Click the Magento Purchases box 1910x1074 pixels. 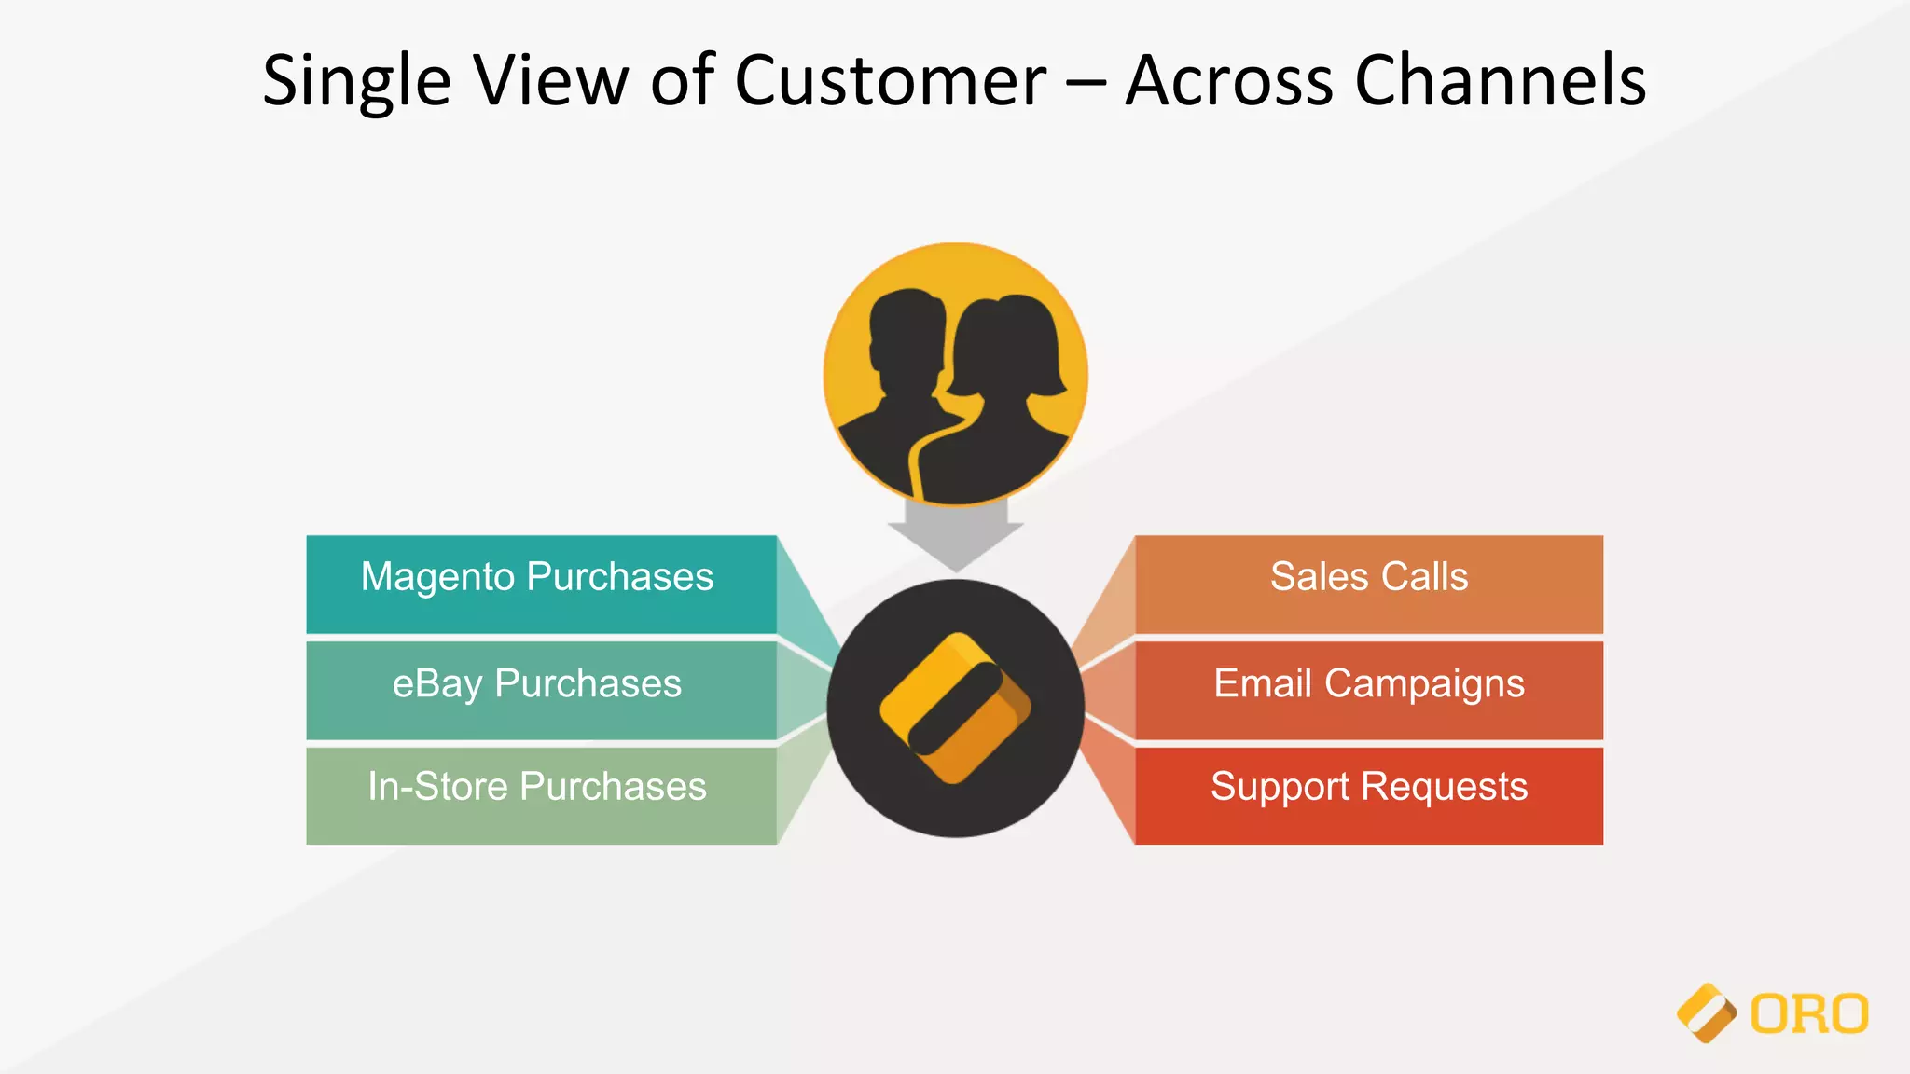541,585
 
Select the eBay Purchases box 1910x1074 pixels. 541,690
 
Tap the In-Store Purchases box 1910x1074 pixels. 541,795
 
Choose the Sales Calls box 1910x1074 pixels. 1368,585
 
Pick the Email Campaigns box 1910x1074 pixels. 1368,690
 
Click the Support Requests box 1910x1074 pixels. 1368,795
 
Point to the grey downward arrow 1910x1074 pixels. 956,536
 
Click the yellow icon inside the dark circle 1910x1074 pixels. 955,709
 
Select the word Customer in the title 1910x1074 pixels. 891,81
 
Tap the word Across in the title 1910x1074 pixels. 1229,81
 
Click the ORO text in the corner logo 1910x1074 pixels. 1809,1014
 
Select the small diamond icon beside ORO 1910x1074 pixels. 1706,1013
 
